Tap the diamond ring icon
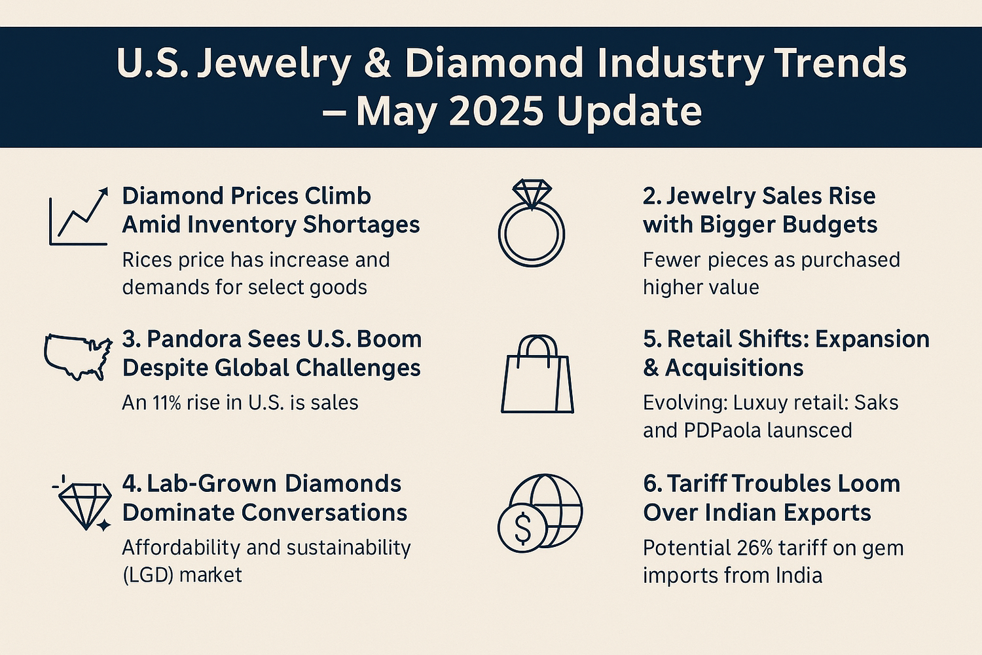[532, 224]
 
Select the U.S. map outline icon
[77, 356]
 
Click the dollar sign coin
[522, 528]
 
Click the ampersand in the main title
[378, 64]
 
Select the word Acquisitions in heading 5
[734, 368]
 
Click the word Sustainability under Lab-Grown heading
[348, 547]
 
